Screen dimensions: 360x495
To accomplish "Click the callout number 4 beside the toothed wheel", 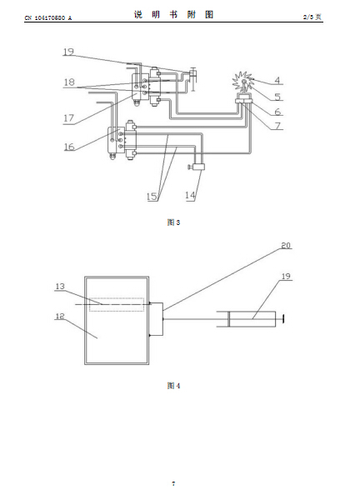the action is (277, 81).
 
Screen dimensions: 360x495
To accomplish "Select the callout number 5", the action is (277, 97).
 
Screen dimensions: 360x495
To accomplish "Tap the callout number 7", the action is (277, 126).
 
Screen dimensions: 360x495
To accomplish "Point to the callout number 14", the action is (190, 195).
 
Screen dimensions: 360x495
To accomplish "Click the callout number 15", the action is (152, 197).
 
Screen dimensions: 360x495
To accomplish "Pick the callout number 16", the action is (69, 147).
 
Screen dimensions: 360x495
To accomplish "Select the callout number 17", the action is (69, 118).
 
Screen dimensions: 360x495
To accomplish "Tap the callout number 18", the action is (69, 82).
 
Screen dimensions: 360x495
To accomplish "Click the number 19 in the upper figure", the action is (68, 52).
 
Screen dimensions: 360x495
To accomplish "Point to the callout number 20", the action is (286, 245).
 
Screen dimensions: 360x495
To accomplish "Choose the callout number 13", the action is (60, 287).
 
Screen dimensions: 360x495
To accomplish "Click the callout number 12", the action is (60, 316).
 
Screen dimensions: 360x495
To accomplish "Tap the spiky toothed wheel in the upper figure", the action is (242, 82).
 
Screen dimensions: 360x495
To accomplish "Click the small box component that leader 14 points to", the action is (199, 167).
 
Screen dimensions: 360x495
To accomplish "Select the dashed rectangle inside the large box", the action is (117, 305).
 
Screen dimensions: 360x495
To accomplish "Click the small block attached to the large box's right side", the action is (157, 319).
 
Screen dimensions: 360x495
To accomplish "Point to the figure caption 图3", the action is (173, 222).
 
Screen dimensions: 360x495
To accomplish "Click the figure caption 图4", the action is (173, 386).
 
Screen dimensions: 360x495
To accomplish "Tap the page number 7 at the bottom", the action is (173, 483).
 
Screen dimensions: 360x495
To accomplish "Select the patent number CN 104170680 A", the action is (48, 18).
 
